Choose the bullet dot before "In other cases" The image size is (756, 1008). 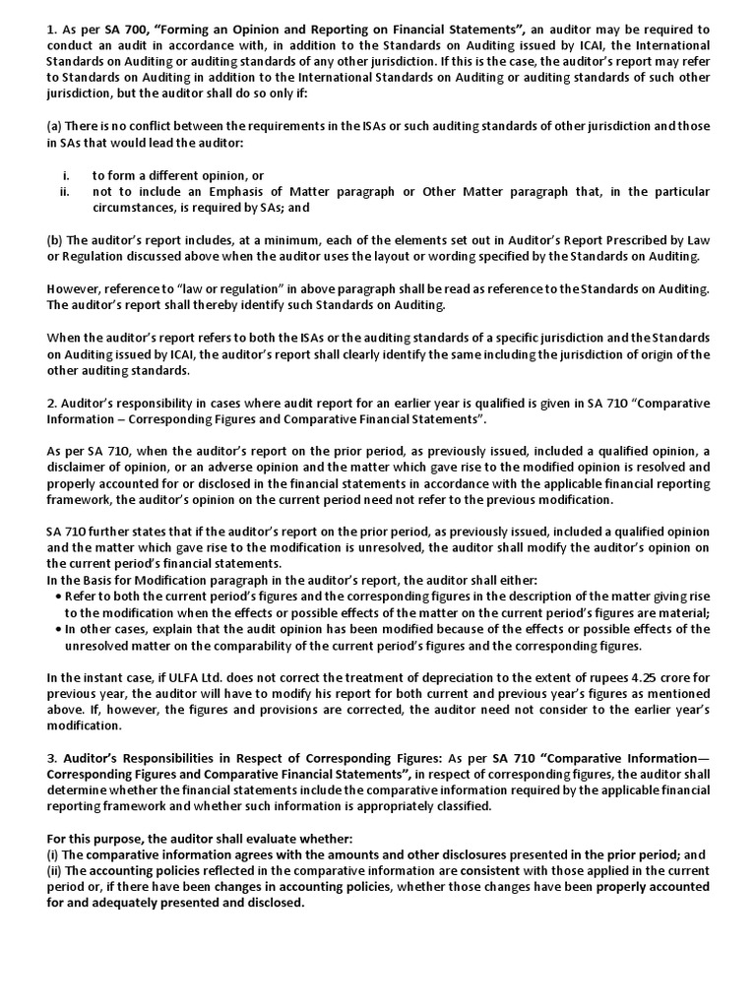(60, 629)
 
